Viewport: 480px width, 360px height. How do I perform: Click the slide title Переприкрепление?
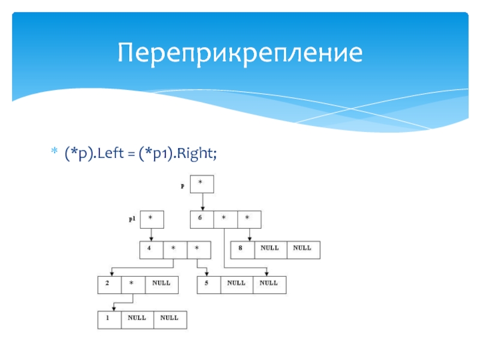(240, 53)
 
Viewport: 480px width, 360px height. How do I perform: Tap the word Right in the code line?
(199, 154)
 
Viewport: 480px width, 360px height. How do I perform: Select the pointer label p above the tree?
(182, 187)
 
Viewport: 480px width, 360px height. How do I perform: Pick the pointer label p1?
(132, 219)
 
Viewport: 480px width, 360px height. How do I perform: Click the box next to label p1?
(151, 219)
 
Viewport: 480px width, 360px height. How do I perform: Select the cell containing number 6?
(201, 219)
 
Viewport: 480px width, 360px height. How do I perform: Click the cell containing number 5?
(208, 284)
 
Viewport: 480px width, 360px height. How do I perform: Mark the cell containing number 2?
(109, 284)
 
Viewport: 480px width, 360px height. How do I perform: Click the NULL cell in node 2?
(161, 284)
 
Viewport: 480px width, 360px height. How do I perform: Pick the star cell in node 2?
(132, 284)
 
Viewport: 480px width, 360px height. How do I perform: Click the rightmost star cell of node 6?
(248, 219)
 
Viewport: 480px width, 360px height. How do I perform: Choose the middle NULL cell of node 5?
(236, 284)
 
